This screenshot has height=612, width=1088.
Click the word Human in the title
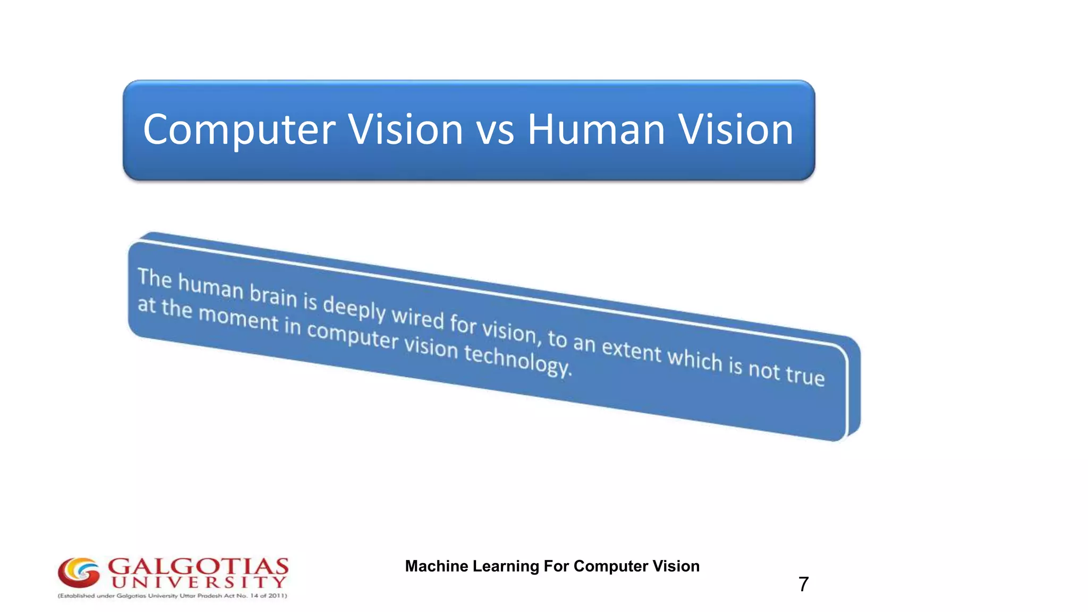pyautogui.click(x=596, y=130)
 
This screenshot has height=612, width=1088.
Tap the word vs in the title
pyautogui.click(x=495, y=131)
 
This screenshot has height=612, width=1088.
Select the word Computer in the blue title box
pyautogui.click(x=239, y=131)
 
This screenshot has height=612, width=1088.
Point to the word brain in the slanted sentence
pyautogui.click(x=273, y=294)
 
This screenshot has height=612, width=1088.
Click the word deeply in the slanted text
pyautogui.click(x=354, y=308)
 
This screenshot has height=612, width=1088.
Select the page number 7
pyautogui.click(x=803, y=584)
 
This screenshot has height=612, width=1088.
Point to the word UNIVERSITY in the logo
pyautogui.click(x=199, y=582)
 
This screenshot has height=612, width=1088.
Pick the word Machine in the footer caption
pyautogui.click(x=437, y=566)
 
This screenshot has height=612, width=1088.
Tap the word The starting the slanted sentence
pyautogui.click(x=155, y=278)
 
